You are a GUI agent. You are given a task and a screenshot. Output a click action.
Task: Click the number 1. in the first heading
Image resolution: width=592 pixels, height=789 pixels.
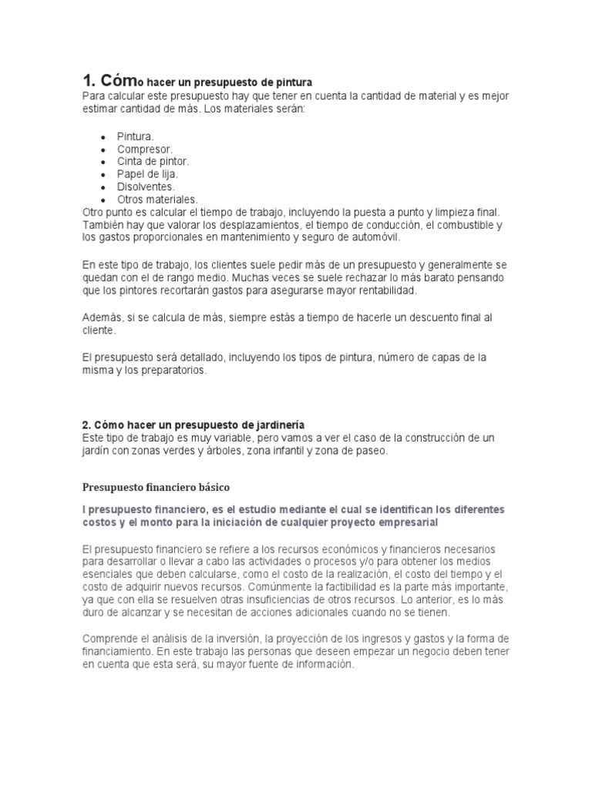pyautogui.click(x=90, y=81)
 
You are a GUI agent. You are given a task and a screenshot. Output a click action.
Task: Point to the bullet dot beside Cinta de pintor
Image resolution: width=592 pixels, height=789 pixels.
pyautogui.click(x=103, y=162)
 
